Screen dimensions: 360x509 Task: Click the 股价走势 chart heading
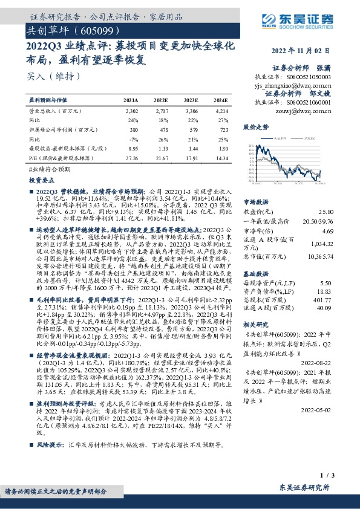255,128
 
